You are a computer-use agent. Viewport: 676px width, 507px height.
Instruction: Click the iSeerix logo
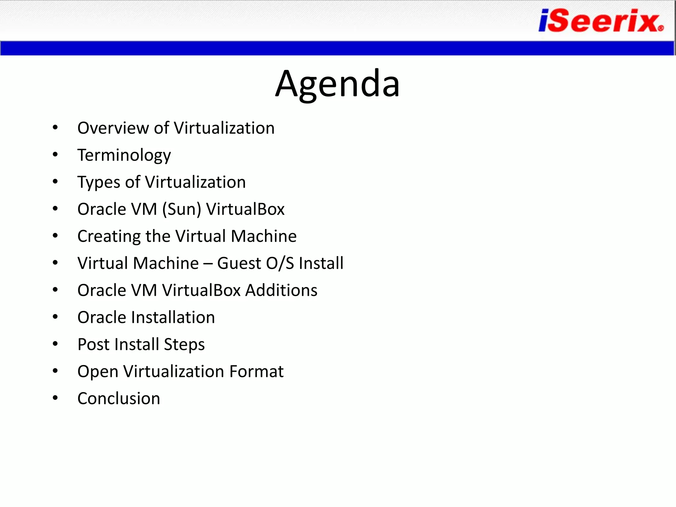[599, 21]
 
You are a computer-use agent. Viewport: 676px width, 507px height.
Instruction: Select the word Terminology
[124, 155]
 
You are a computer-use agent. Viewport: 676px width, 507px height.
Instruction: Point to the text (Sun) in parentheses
[182, 209]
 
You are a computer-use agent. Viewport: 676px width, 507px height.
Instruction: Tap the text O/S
[280, 263]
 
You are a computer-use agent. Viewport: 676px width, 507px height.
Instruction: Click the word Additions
[281, 290]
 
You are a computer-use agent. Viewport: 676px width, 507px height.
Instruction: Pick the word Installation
[173, 318]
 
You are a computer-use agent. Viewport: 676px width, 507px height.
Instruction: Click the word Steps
[184, 345]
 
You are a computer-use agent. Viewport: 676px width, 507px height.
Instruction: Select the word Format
[256, 372]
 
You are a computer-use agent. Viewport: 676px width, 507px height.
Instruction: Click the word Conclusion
[118, 398]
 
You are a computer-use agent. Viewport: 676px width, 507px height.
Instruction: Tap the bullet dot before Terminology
[55, 154]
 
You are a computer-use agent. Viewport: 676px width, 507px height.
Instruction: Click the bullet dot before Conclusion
[55, 398]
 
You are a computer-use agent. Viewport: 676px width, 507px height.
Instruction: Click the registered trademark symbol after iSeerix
[660, 28]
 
